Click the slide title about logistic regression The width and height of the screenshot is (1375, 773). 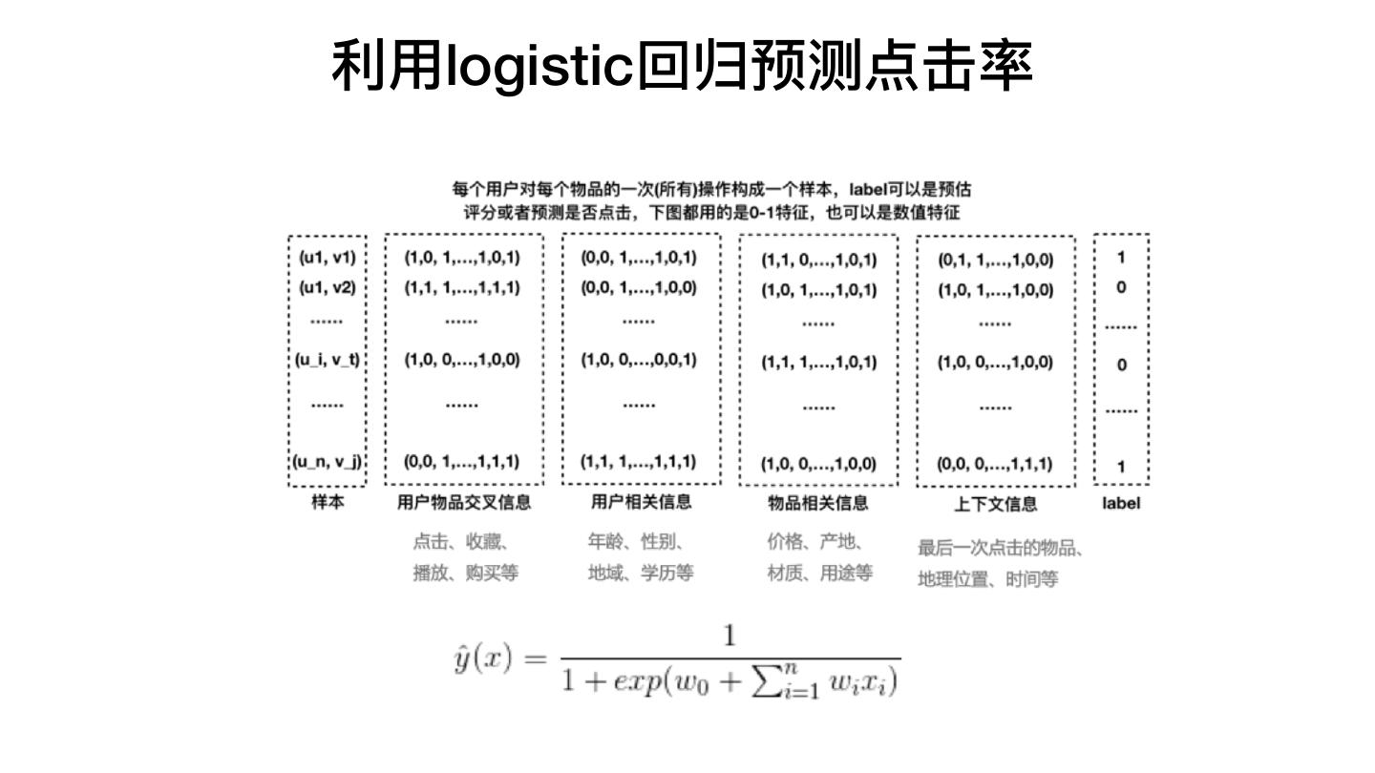click(682, 67)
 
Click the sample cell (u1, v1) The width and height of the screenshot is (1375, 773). click(327, 257)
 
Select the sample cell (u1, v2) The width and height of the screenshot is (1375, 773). click(327, 287)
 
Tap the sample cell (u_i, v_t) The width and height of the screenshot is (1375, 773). click(327, 360)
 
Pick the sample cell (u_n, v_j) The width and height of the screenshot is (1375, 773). click(327, 463)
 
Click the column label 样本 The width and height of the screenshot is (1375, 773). click(327, 502)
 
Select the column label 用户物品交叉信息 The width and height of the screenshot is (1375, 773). click(463, 502)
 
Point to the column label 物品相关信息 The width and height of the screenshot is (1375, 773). click(817, 503)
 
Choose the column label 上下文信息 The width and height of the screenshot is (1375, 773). click(995, 504)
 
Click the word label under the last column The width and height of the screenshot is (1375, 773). click(1120, 503)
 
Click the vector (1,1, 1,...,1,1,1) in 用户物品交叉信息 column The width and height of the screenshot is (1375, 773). click(461, 287)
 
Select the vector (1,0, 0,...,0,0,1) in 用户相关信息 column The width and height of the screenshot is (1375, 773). click(639, 360)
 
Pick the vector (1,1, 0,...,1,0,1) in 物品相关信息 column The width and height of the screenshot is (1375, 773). click(818, 259)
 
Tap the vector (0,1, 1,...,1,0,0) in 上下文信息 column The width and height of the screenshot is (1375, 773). click(995, 259)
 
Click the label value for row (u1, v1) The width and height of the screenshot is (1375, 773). click(1121, 257)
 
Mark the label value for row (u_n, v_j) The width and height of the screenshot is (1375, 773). click(1121, 467)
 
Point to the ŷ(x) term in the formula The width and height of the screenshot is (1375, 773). click(483, 659)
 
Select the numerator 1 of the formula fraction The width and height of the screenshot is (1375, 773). click(730, 637)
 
